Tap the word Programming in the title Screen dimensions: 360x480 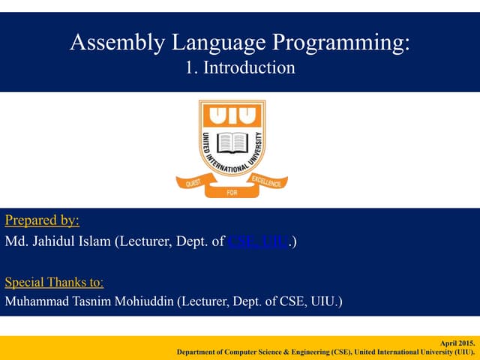point(349,43)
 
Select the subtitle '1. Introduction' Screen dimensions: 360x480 point(239,68)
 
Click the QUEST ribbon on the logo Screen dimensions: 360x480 point(190,181)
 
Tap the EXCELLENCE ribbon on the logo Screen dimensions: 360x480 point(265,181)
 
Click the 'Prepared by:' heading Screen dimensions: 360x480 point(42,220)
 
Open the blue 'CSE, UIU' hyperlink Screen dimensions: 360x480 point(256,242)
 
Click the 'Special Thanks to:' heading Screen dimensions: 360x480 point(54,283)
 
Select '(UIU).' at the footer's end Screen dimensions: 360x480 point(463,352)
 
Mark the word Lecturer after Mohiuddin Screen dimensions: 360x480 point(200,303)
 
